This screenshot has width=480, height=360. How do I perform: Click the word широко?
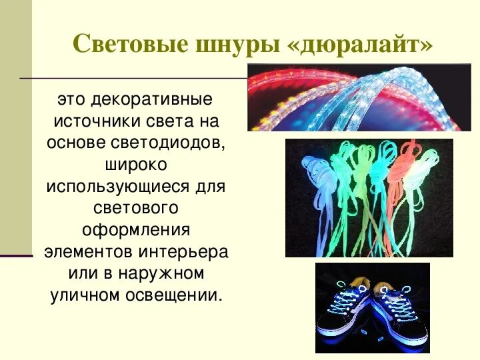pyautogui.click(x=135, y=165)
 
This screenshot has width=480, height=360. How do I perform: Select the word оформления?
pyautogui.click(x=135, y=230)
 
